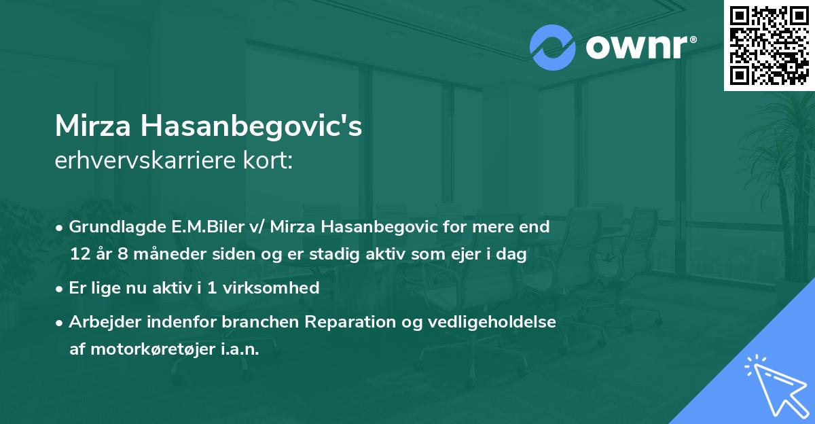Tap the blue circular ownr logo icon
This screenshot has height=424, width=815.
click(x=552, y=48)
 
